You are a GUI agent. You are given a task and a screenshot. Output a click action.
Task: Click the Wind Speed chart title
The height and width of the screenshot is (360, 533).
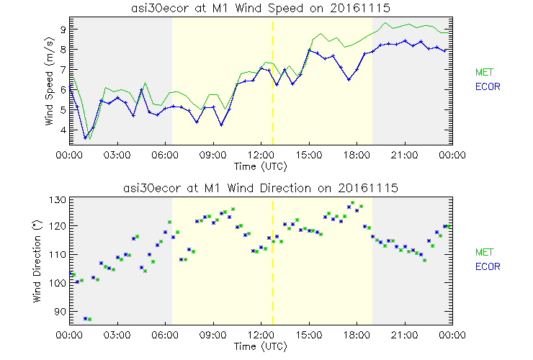point(261,8)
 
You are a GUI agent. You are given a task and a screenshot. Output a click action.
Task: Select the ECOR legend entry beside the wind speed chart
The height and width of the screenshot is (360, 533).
point(488,87)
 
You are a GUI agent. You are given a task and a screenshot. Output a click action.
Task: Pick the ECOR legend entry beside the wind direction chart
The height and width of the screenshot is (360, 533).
point(488,267)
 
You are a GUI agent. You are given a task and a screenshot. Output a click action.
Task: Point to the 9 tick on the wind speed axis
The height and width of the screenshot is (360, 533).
point(63,30)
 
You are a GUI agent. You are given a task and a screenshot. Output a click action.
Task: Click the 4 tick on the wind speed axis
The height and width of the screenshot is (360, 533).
point(63,130)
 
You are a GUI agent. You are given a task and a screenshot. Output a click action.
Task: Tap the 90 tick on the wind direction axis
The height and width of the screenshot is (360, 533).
point(61,312)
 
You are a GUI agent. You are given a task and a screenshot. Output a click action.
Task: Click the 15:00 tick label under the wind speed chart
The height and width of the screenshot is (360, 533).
point(308,155)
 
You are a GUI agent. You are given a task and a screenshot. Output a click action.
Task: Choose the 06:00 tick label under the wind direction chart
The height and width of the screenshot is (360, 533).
point(165,335)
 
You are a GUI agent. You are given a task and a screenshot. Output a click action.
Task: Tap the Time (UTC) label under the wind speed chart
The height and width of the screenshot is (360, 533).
point(261,166)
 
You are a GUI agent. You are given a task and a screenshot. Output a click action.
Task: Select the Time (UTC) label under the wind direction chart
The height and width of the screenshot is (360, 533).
point(261,346)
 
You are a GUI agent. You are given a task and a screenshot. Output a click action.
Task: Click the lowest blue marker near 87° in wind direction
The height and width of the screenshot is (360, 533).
point(85,318)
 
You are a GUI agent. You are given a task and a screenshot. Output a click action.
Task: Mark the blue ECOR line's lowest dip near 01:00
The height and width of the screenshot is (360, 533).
point(85,137)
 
